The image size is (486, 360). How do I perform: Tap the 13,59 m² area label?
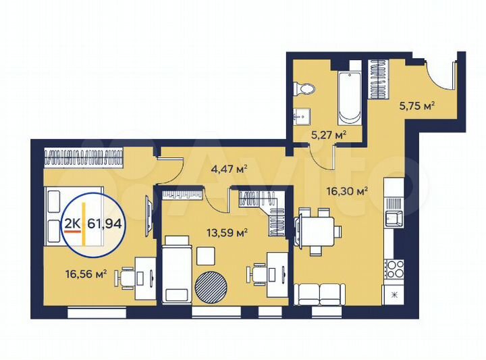[227, 233]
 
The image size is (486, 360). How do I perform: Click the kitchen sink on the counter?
[392, 218]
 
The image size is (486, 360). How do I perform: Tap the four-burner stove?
[393, 268]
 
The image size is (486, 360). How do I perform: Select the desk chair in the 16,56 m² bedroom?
[126, 277]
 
